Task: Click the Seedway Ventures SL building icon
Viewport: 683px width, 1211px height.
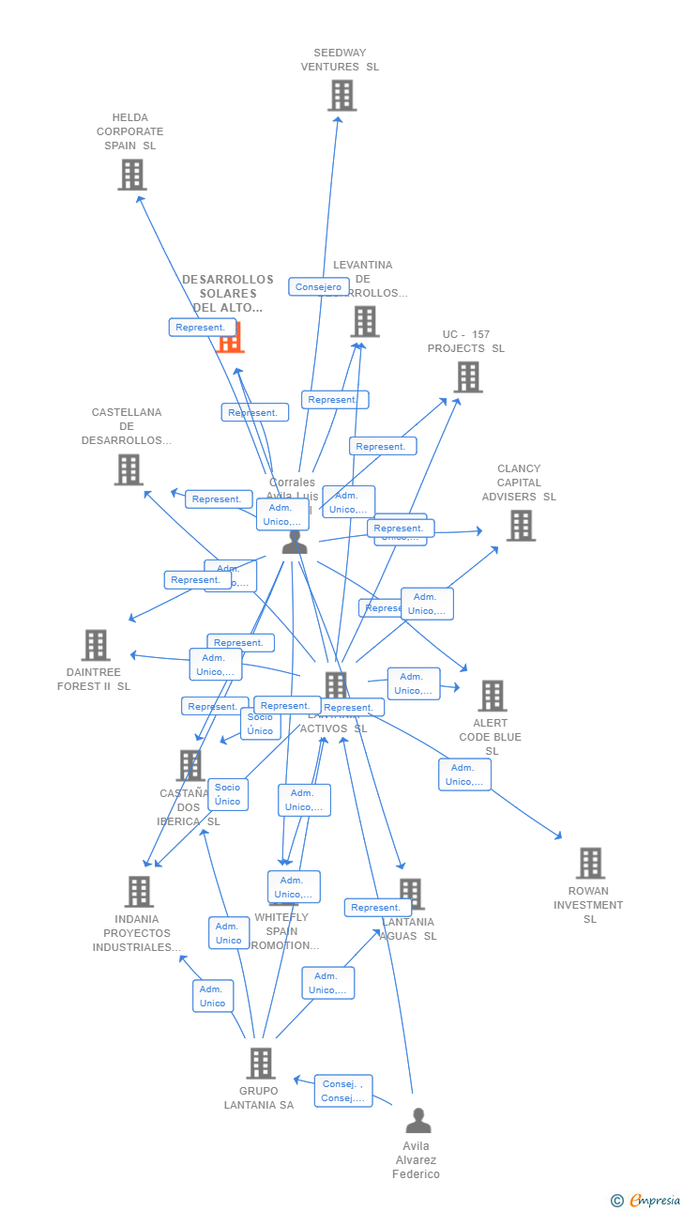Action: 341,96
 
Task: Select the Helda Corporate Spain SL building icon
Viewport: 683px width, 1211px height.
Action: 132,175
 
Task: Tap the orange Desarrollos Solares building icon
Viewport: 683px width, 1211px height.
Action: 231,337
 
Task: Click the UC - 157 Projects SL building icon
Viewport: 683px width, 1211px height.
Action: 467,377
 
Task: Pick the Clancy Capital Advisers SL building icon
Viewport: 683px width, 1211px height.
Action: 521,526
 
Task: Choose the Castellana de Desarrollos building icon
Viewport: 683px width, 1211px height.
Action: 128,469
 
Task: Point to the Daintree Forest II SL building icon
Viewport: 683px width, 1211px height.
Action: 96,645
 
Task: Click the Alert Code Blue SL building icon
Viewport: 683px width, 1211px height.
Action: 492,696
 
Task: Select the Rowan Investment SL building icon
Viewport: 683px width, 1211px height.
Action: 589,863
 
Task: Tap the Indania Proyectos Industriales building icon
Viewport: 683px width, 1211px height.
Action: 139,892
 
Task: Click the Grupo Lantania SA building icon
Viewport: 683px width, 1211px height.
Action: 260,1064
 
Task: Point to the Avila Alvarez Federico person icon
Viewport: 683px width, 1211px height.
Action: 417,1121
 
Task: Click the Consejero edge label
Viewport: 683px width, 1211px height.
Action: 319,287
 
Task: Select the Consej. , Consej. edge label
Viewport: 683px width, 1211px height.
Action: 342,1091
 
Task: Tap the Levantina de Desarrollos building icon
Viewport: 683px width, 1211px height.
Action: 364,321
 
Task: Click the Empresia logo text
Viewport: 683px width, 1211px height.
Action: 654,1200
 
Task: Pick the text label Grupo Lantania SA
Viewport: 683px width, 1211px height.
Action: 259,1098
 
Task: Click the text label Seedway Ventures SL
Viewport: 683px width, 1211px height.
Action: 340,60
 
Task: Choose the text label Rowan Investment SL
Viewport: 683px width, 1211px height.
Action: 588,905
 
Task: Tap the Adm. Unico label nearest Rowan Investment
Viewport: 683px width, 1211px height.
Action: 464,774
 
